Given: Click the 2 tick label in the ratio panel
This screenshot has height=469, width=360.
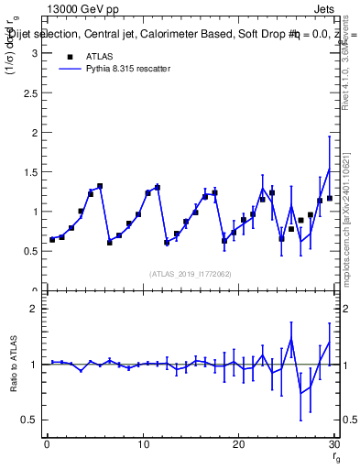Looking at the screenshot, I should click(x=34, y=310).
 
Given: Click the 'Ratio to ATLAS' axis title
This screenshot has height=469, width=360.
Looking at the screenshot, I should click(x=12, y=365).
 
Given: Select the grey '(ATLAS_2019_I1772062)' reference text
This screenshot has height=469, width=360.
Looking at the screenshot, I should click(x=190, y=274).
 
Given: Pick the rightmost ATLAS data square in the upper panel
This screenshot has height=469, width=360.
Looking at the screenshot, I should click(x=330, y=198).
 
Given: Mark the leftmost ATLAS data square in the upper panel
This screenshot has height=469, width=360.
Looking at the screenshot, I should click(x=52, y=239).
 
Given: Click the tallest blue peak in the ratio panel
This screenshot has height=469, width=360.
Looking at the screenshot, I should click(x=291, y=339).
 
